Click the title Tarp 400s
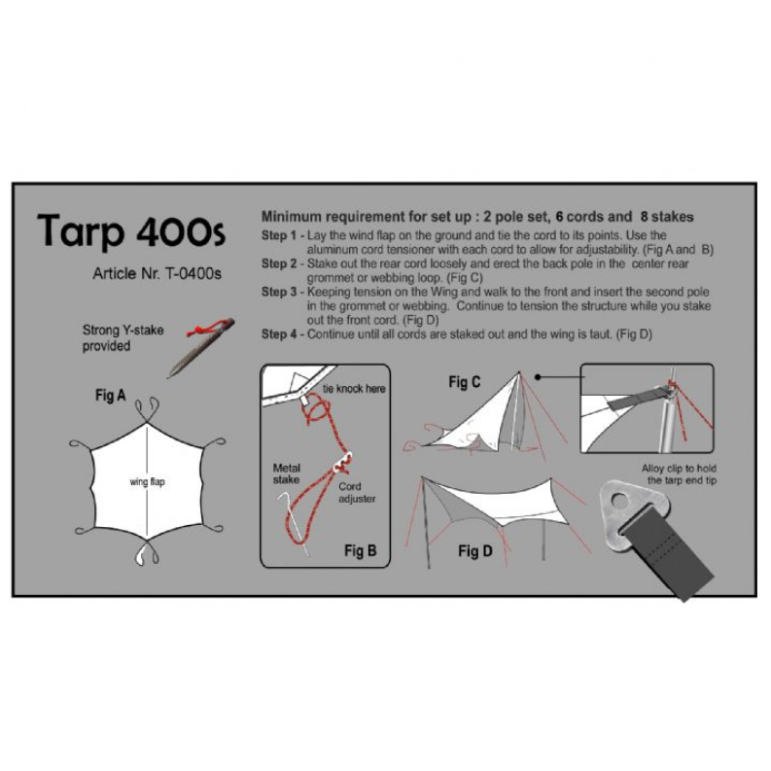131,231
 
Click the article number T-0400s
193,273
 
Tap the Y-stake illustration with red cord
201,347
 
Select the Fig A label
111,396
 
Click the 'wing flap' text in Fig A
147,482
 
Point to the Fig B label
361,550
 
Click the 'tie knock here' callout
354,389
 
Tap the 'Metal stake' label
286,473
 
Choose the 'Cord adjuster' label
357,492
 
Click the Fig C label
464,382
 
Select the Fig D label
475,551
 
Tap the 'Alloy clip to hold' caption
679,468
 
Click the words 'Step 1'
279,235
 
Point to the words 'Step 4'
279,334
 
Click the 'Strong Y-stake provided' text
123,337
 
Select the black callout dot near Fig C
538,377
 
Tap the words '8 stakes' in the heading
667,217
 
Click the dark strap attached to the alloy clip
666,555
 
